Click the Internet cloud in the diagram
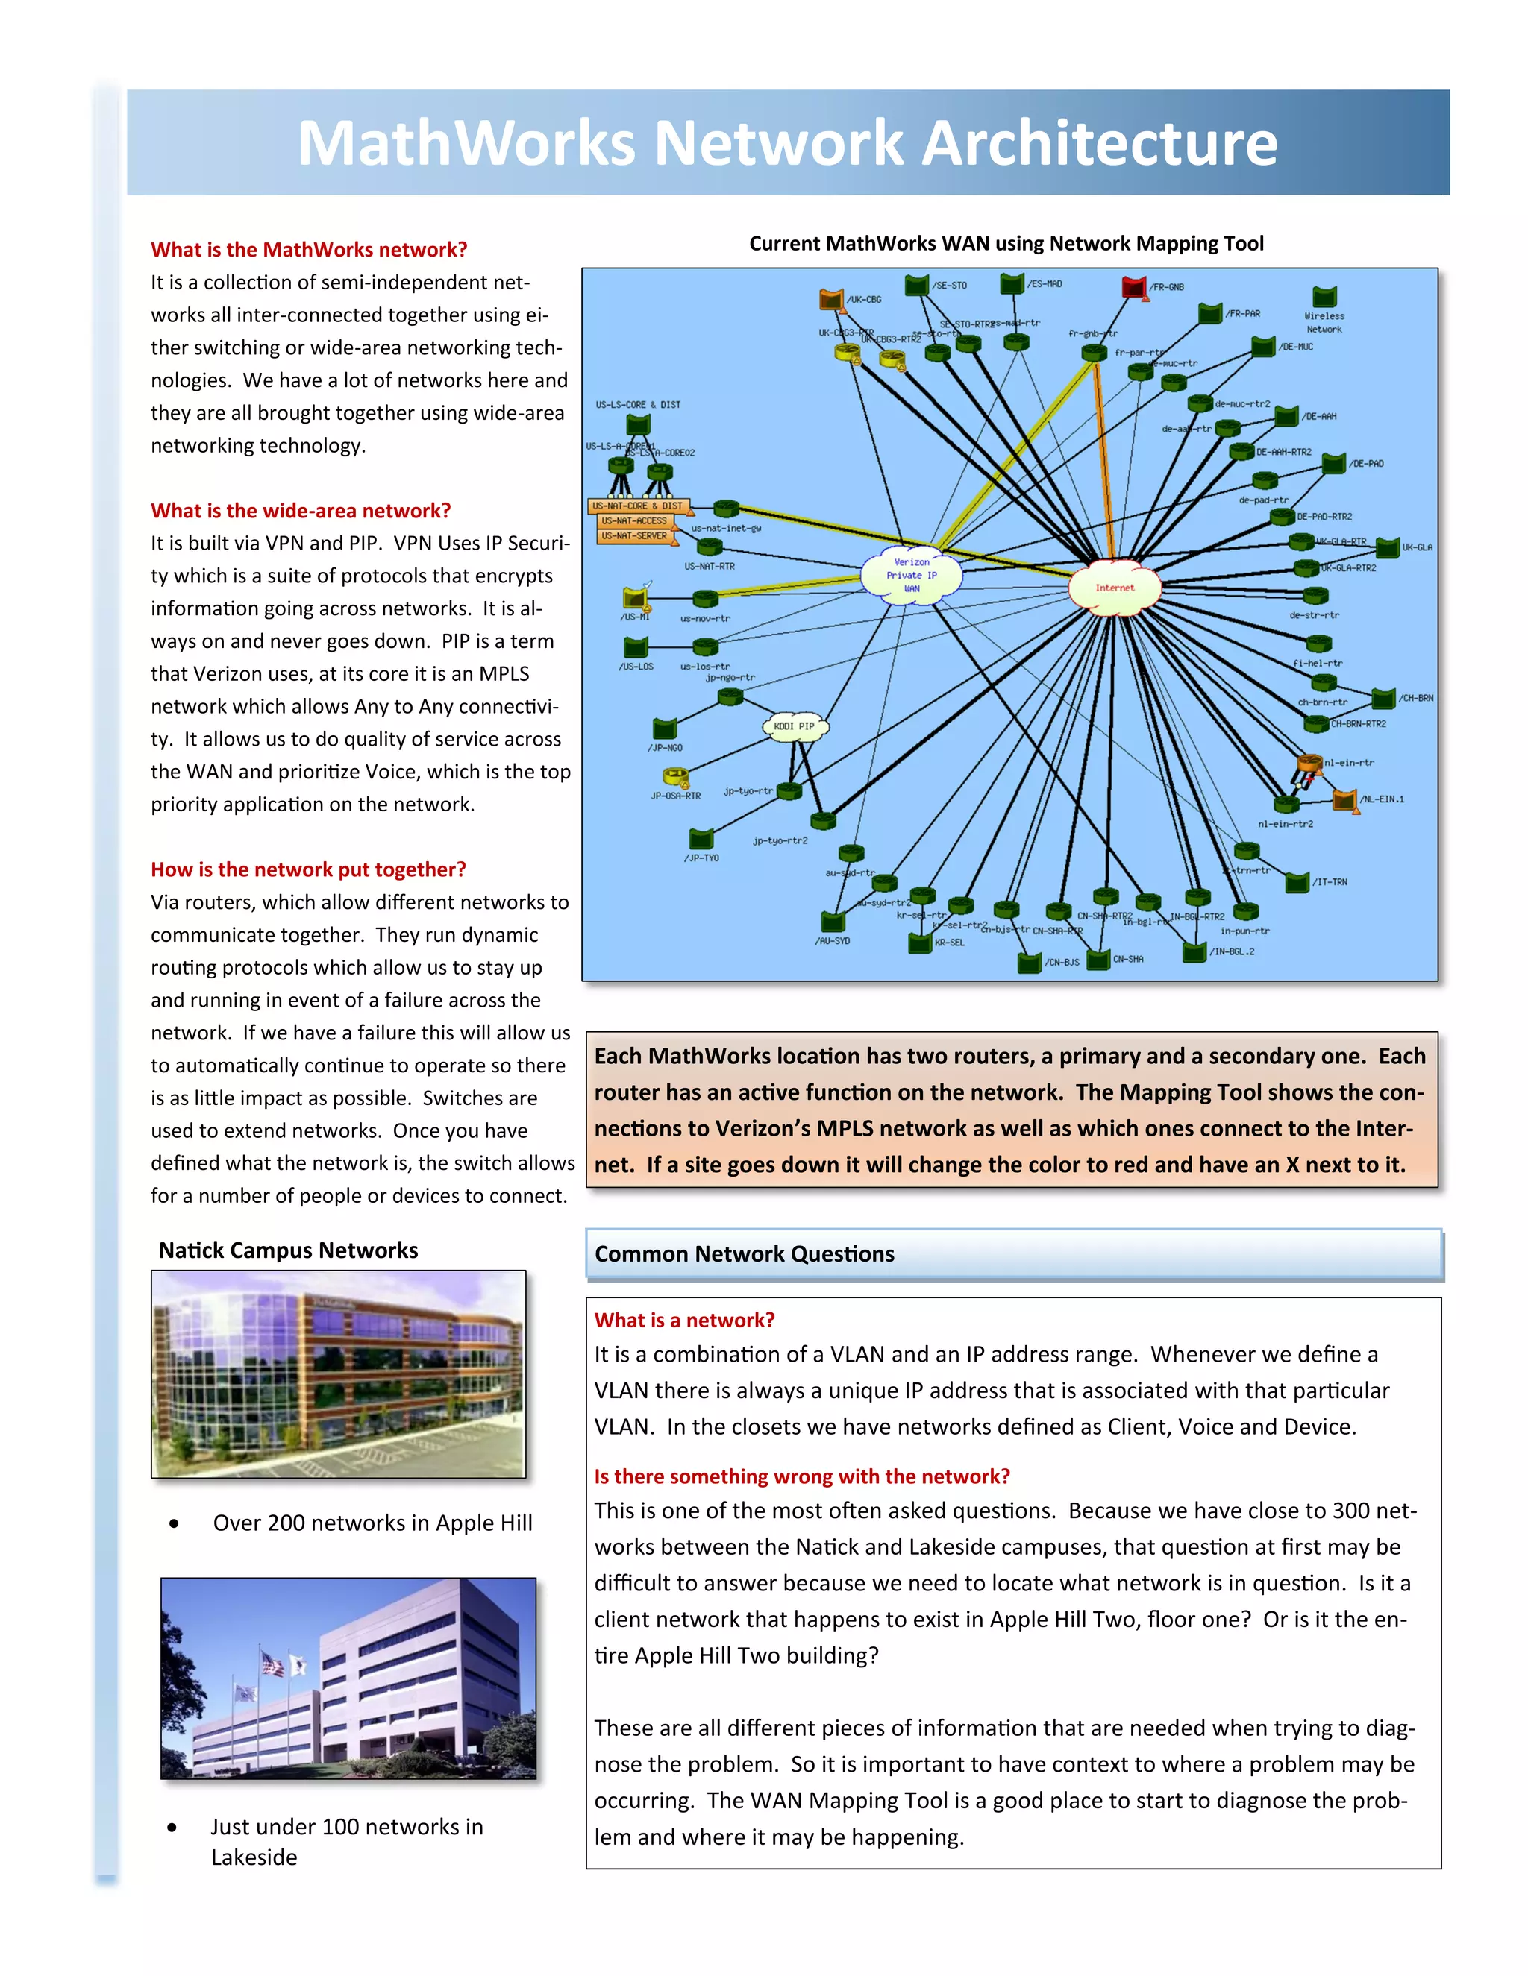point(1115,588)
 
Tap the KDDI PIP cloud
point(794,726)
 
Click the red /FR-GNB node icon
point(1133,288)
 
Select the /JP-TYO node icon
point(701,839)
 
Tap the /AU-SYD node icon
point(833,922)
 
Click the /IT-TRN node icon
point(1297,882)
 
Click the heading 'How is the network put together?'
point(308,869)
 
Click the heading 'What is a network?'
point(684,1320)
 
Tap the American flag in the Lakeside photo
point(271,1662)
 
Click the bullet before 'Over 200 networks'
point(173,1523)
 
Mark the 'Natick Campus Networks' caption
point(288,1250)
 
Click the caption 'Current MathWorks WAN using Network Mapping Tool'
point(1006,243)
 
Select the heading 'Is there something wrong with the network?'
point(801,1476)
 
